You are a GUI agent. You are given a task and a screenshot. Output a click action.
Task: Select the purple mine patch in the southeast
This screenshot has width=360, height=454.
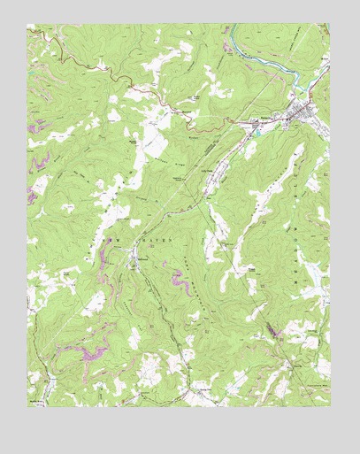tap(271, 331)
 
